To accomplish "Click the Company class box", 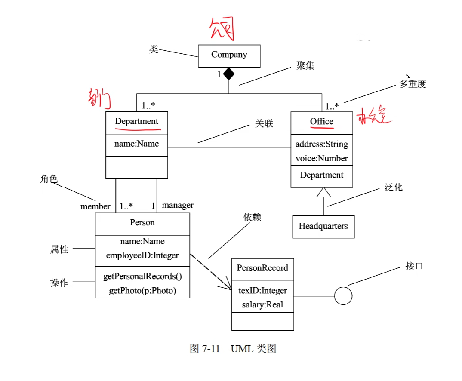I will (229, 55).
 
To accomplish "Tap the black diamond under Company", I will (228, 74).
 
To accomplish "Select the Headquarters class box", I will (323, 227).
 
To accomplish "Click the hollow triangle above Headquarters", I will (323, 193).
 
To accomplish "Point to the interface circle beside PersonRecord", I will (343, 296).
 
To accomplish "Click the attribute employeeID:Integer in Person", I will (142, 255).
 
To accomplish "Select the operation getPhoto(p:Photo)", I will (142, 291).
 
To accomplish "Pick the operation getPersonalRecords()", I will (142, 277).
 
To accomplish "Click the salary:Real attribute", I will (262, 304).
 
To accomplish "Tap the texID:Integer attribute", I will (262, 291).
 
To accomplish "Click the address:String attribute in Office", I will (322, 144).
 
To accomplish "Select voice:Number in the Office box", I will (322, 158).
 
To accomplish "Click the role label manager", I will (177, 205).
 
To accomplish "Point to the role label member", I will (95, 206).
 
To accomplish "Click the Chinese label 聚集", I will (305, 66).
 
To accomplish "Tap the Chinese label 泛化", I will (393, 187).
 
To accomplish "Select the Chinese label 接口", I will (414, 266).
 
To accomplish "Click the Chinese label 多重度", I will (412, 84).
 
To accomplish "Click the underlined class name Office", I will (322, 121).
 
